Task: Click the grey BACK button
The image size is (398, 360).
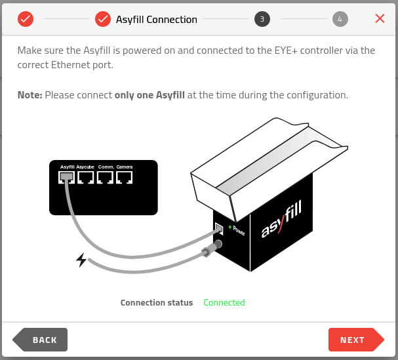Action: tap(41, 340)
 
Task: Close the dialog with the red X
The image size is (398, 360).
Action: tap(380, 18)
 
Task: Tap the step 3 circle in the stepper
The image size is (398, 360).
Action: tap(262, 19)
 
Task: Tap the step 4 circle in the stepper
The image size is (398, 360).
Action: tap(340, 19)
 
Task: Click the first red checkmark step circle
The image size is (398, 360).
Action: tap(25, 19)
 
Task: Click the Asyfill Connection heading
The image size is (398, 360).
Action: tap(156, 20)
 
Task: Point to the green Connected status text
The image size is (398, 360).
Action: tap(224, 303)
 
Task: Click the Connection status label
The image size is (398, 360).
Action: tap(157, 303)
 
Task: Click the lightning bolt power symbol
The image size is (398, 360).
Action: tap(81, 260)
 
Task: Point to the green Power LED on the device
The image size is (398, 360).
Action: tap(229, 228)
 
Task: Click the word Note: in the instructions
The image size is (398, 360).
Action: tap(30, 95)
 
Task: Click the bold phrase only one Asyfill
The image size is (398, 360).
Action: tap(149, 95)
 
